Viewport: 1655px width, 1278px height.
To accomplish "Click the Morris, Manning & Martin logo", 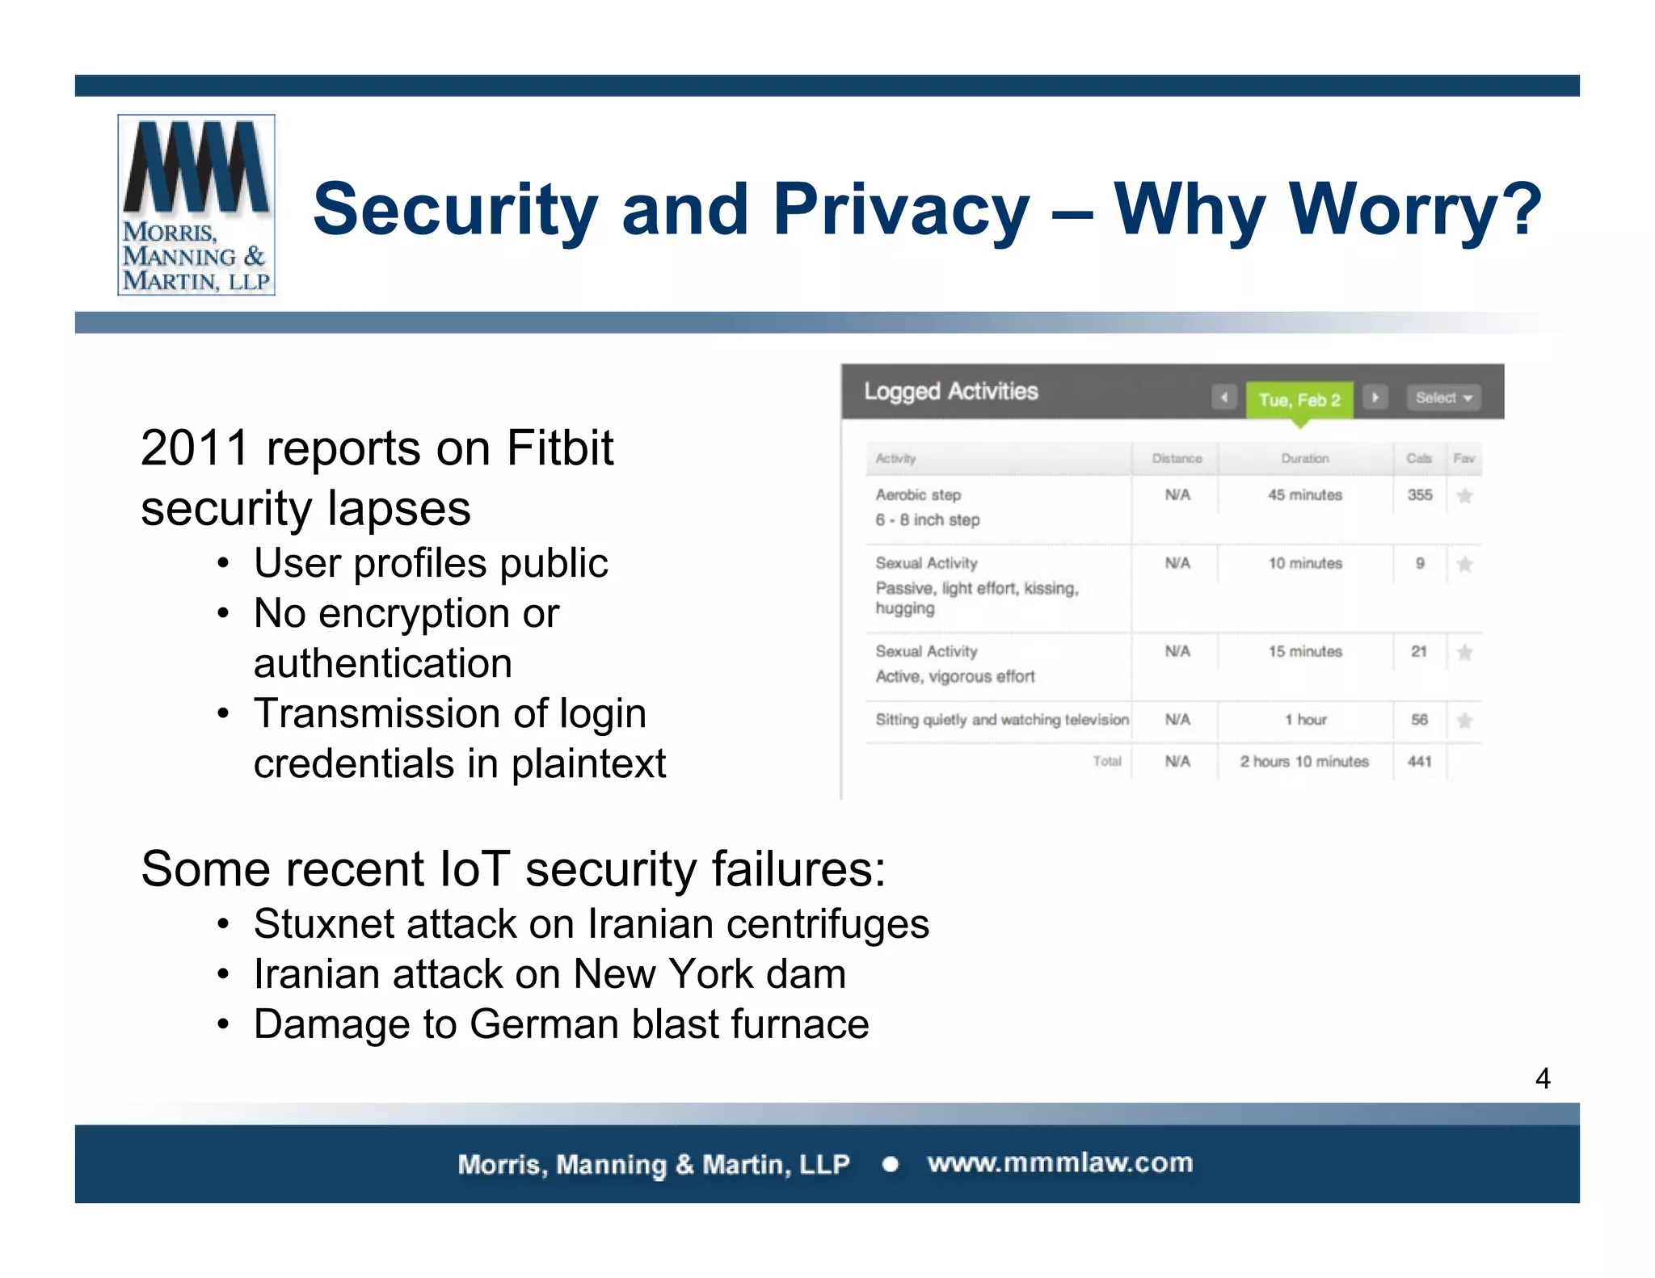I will click(x=196, y=205).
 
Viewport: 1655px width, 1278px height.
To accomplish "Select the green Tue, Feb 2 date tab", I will click(x=1299, y=400).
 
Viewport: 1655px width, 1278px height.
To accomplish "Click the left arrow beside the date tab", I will click(x=1224, y=397).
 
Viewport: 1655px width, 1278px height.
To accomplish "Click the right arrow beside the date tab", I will click(x=1375, y=397).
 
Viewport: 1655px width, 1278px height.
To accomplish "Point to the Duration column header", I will click(x=1304, y=458).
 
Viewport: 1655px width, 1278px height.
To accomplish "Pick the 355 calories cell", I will click(x=1419, y=495).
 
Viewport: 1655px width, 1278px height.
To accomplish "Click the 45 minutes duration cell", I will click(x=1304, y=495).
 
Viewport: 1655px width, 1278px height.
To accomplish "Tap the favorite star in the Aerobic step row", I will click(x=1464, y=496).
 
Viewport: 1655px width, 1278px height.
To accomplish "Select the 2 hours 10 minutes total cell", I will click(x=1304, y=761).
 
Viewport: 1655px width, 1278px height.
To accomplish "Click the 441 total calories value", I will click(x=1419, y=761).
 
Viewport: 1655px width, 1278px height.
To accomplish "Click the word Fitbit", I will click(x=559, y=448).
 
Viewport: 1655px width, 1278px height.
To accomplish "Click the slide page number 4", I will click(x=1542, y=1078).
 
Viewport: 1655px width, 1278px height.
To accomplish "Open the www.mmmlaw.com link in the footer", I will click(x=1059, y=1163).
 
